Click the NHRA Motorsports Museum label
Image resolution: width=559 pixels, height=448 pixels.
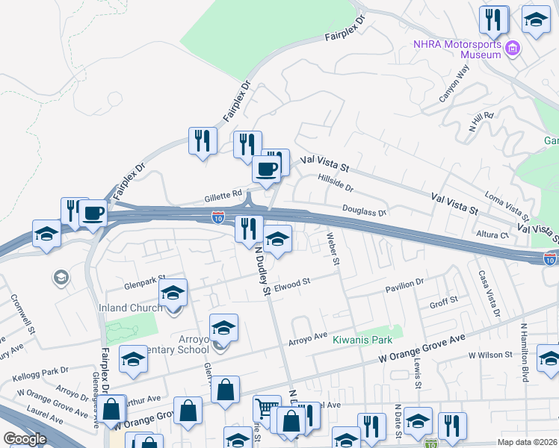(457, 49)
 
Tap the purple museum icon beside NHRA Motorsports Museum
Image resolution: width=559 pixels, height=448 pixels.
(513, 49)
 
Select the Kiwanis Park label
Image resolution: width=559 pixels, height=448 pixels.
(362, 339)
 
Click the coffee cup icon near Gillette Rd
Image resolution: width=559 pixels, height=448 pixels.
(267, 169)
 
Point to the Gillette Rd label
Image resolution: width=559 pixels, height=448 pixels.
(223, 197)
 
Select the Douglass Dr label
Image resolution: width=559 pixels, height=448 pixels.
(364, 211)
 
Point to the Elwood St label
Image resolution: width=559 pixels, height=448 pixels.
(292, 284)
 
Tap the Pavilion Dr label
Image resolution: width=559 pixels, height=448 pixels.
(404, 283)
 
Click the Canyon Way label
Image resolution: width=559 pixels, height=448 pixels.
(454, 84)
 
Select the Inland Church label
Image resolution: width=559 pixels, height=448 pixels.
(131, 308)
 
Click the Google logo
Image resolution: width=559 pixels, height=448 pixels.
(25, 439)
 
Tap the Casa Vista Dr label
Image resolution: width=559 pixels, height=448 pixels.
(488, 292)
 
